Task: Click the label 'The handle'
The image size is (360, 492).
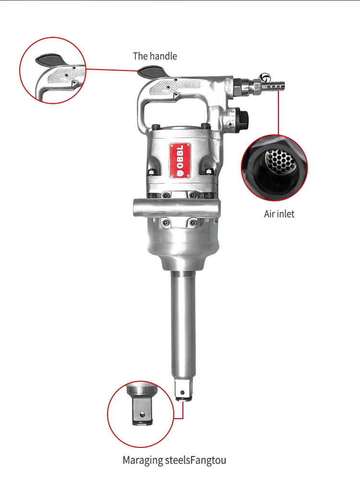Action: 155,56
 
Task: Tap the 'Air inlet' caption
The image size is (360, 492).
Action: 279,213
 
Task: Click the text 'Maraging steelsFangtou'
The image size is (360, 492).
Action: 174,461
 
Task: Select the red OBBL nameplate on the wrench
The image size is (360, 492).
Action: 180,161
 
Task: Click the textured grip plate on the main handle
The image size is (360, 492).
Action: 175,87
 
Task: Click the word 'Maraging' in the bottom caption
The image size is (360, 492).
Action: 143,461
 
